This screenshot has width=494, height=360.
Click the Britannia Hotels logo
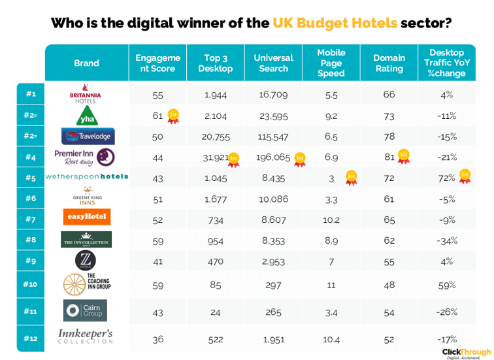coord(86,96)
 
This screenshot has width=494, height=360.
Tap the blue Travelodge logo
coord(86,137)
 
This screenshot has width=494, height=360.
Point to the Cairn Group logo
coord(86,310)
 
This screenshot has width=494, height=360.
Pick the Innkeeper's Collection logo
coord(86,336)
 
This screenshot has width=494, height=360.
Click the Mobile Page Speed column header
coord(331,63)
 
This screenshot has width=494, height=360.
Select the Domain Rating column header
coord(389,63)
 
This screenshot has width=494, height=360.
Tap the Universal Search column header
coord(273,63)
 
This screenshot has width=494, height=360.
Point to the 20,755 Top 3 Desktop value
coord(216,137)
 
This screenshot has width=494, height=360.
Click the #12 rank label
coord(30,338)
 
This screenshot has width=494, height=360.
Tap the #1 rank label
coord(30,94)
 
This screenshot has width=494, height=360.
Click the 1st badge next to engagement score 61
coord(173,116)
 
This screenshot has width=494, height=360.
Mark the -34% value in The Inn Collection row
coord(447,240)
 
